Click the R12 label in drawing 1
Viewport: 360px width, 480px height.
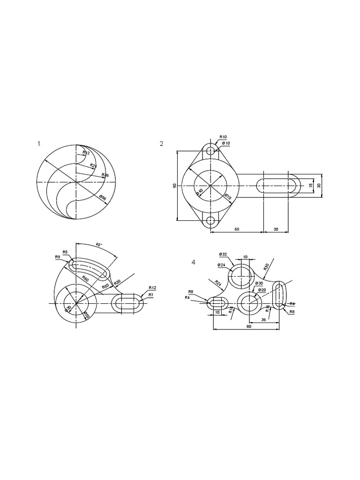click(86, 153)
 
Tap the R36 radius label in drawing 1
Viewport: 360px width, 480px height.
click(105, 175)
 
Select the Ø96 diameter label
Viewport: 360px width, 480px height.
click(103, 198)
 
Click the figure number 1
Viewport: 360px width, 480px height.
click(39, 144)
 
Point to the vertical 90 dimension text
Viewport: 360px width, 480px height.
click(174, 186)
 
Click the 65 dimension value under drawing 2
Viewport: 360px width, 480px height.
click(237, 230)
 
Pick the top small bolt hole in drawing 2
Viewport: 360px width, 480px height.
click(211, 151)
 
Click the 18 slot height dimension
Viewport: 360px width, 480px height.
click(310, 186)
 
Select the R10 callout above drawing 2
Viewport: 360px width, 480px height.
click(223, 137)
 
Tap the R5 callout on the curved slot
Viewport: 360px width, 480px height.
click(65, 251)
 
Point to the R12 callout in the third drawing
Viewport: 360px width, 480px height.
click(152, 287)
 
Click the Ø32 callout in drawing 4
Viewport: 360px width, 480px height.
click(223, 254)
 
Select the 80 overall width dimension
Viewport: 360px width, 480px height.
click(249, 327)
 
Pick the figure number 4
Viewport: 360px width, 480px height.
click(193, 262)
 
